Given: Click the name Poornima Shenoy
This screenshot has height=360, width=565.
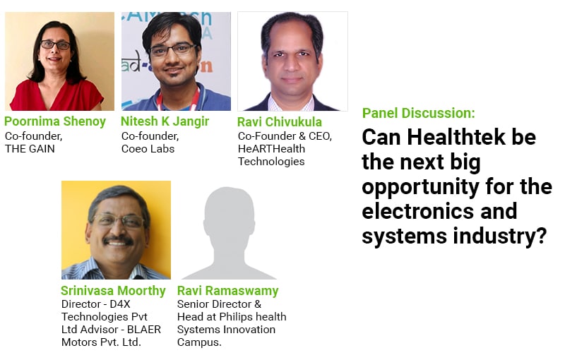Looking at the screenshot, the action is coord(55,121).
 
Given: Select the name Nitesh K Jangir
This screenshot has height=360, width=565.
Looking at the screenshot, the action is coord(165,121).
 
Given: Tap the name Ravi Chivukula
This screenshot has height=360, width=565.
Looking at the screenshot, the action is coord(280,122).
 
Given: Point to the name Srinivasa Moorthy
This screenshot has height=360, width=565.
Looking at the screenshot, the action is coord(113,291).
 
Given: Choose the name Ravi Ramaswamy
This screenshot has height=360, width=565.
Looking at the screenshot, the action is coord(227,291).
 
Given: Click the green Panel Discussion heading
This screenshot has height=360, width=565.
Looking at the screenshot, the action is coord(419,113).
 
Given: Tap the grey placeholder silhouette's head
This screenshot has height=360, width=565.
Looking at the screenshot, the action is coord(228,212).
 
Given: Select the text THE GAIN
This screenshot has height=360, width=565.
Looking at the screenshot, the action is coord(30,149).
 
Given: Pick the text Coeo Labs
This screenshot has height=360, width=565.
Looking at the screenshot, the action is coord(148,149).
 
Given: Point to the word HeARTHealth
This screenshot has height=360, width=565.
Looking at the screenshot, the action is coord(271,149).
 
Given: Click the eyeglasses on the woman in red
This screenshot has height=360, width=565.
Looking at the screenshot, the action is coord(56,45).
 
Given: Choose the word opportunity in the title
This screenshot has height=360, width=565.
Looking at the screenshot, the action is coord(420,188).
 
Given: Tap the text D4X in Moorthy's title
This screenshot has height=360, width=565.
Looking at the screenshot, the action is coord(120,304).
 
